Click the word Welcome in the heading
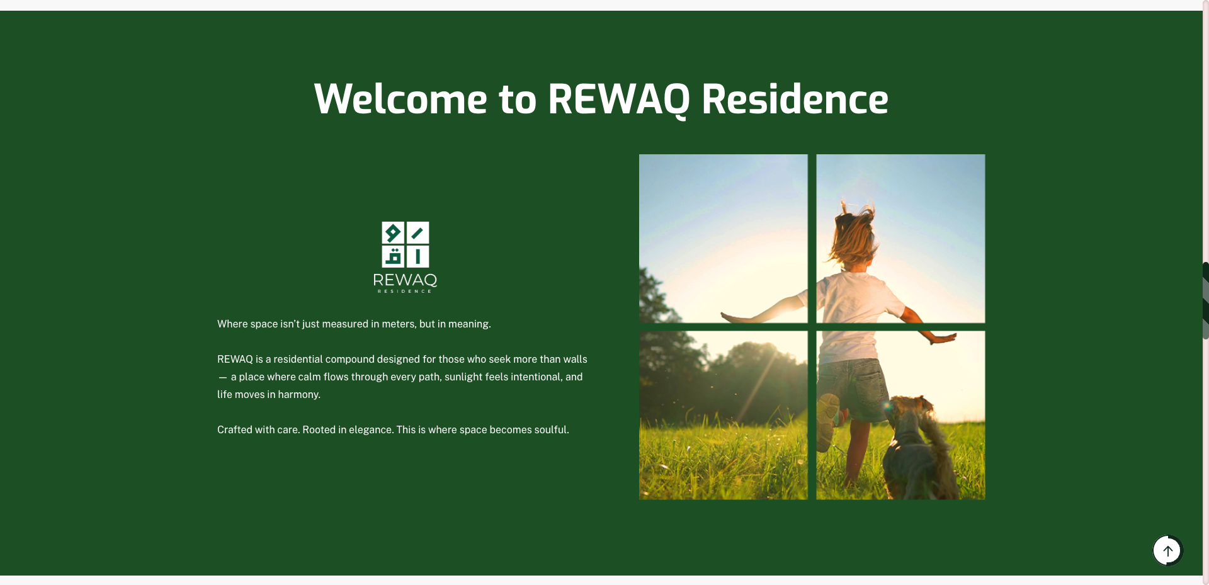tap(400, 99)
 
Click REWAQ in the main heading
tap(618, 99)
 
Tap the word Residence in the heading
tap(795, 99)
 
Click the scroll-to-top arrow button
tap(1167, 551)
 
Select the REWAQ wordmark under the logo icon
tap(405, 280)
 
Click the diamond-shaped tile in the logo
tap(393, 233)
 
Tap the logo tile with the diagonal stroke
tap(417, 233)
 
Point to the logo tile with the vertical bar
tap(417, 257)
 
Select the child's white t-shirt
tap(856, 296)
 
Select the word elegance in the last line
tap(370, 430)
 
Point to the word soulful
tap(551, 430)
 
